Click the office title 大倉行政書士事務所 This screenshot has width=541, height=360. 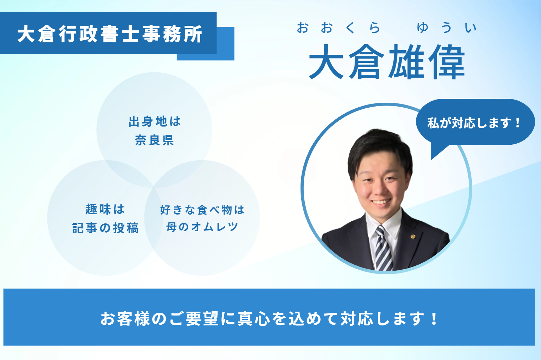click(x=110, y=34)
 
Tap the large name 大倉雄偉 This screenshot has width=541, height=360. click(x=387, y=62)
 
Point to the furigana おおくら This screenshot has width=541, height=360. click(x=339, y=28)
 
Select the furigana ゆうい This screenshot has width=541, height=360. click(x=447, y=28)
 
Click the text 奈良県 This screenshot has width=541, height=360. click(x=154, y=140)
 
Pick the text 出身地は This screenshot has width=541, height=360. click(x=155, y=121)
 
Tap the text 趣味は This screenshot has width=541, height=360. click(x=105, y=209)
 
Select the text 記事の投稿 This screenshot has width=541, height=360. click(x=105, y=228)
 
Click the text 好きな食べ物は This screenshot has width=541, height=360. click(x=202, y=210)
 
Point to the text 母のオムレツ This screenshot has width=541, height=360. click(x=202, y=227)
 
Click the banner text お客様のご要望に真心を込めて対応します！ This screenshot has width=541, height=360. click(x=269, y=318)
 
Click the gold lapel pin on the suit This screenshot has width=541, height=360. click(x=413, y=236)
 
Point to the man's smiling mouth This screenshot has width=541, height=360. click(x=381, y=202)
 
